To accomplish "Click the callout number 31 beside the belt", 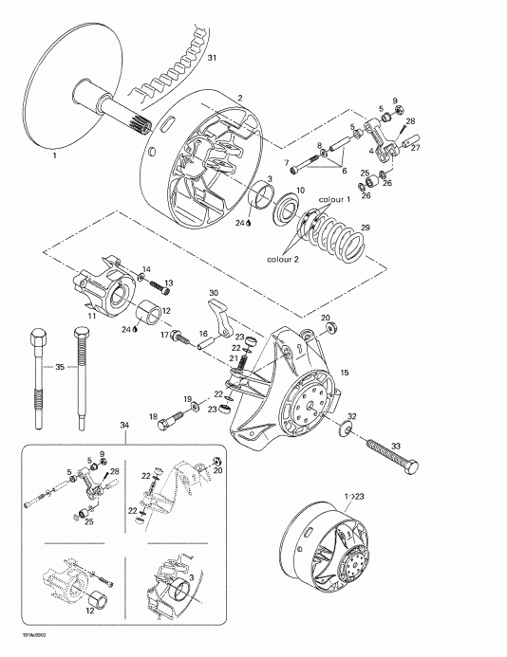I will [x=212, y=59].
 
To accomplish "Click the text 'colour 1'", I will [x=334, y=200].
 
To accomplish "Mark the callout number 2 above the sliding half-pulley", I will [x=241, y=98].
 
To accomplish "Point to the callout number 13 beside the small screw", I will [x=169, y=283].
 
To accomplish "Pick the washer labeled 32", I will [x=344, y=431].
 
